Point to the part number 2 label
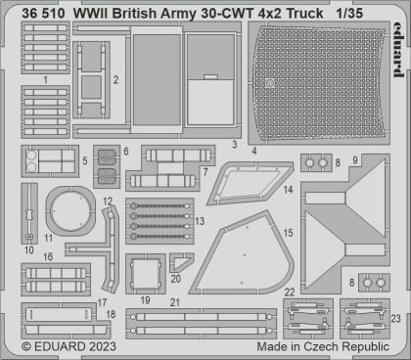pos(115,80)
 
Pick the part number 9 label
pos(355,157)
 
